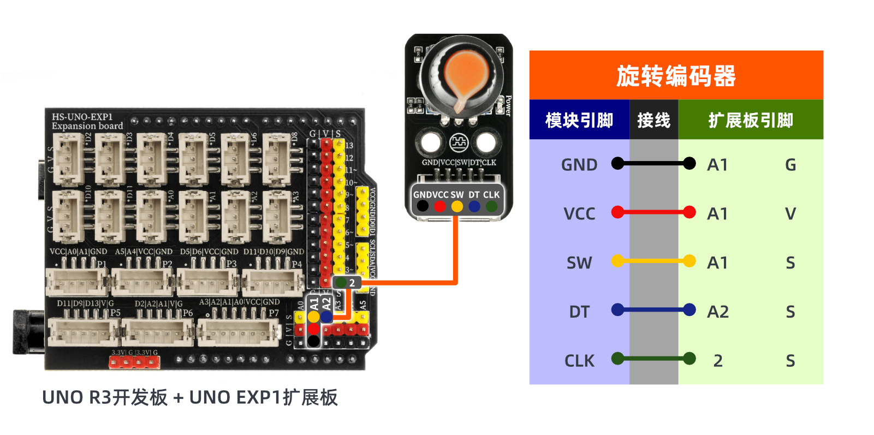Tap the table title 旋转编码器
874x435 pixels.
click(x=676, y=76)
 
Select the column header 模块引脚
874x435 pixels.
click(x=579, y=120)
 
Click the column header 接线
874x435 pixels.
click(x=653, y=120)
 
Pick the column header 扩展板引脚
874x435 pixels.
click(x=751, y=120)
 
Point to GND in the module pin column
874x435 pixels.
click(x=579, y=165)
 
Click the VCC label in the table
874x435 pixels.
click(x=579, y=213)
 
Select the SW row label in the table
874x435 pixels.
click(x=579, y=263)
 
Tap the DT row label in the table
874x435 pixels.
click(x=579, y=312)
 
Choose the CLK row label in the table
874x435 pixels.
click(x=579, y=361)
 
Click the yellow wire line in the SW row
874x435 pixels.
click(x=653, y=261)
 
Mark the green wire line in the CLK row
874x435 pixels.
click(x=653, y=359)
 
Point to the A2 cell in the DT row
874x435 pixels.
click(x=718, y=312)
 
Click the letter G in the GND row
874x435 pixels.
click(x=790, y=165)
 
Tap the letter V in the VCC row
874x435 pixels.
click(x=790, y=213)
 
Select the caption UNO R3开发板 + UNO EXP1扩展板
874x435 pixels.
click(x=190, y=397)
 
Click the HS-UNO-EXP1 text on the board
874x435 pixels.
click(x=82, y=117)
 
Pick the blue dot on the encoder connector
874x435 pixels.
click(x=474, y=206)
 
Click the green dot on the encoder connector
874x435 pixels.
click(x=491, y=206)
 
